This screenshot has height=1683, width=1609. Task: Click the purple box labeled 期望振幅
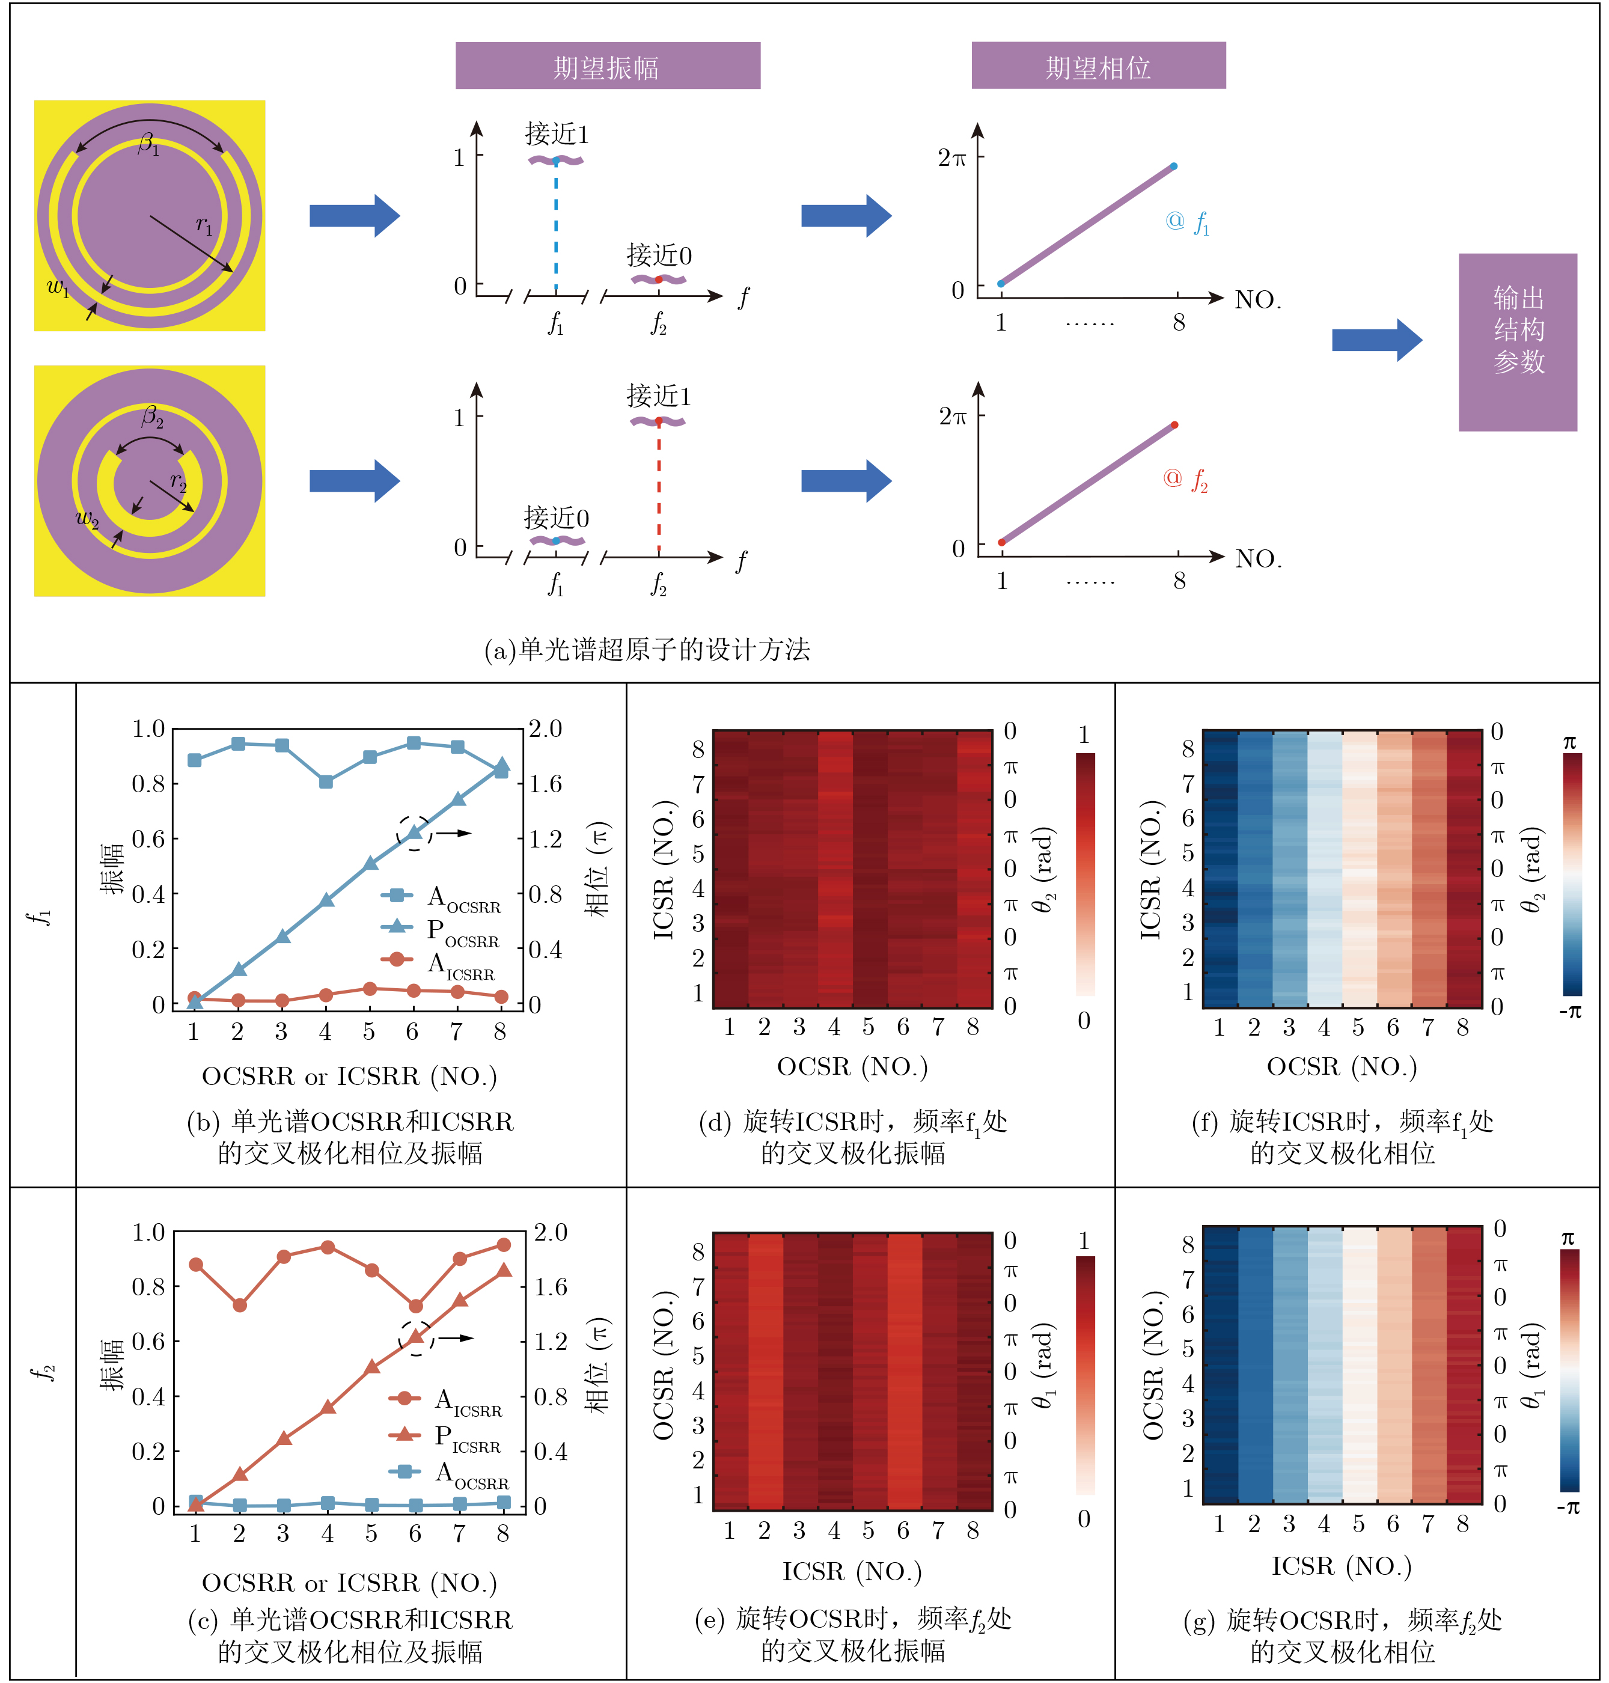click(x=606, y=66)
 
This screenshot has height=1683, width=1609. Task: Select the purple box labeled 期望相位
click(x=1098, y=66)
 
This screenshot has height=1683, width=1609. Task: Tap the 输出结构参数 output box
click(x=1517, y=341)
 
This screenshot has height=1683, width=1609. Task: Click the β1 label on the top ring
click(x=148, y=144)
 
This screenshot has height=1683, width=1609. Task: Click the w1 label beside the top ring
click(x=58, y=287)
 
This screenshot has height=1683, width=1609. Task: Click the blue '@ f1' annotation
click(x=1188, y=222)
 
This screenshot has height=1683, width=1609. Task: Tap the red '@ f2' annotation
click(x=1185, y=480)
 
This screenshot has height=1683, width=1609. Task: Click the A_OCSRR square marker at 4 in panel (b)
click(x=326, y=781)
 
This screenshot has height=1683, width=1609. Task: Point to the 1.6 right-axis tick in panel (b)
click(x=546, y=783)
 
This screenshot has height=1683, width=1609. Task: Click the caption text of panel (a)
click(x=647, y=649)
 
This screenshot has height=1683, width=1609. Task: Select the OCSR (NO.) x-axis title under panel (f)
click(x=1342, y=1066)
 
